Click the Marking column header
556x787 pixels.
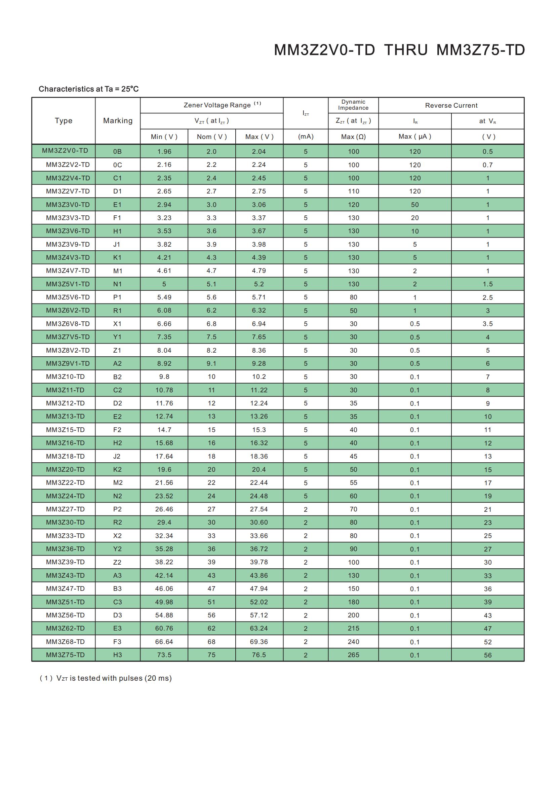coord(117,121)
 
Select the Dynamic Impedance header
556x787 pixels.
coord(353,105)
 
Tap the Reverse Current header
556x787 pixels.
coord(451,106)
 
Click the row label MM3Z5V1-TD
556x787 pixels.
coord(68,284)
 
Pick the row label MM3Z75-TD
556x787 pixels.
coord(65,655)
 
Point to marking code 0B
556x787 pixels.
coord(117,151)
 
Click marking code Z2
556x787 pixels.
coord(117,562)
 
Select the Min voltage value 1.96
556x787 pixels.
coord(164,151)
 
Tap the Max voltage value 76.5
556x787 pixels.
coord(259,655)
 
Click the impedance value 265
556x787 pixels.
coord(353,655)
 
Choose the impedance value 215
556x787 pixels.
coord(353,628)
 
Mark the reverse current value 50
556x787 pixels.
coord(414,205)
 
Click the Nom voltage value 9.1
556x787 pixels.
coord(211,363)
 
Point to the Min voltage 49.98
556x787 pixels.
coord(164,602)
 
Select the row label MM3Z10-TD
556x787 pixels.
coord(65,377)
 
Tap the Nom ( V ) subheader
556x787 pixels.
coord(211,137)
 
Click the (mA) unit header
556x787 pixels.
coord(305,137)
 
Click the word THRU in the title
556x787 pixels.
coord(406,50)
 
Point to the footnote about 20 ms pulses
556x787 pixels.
coord(106,678)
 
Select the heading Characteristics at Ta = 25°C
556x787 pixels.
coord(88,89)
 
